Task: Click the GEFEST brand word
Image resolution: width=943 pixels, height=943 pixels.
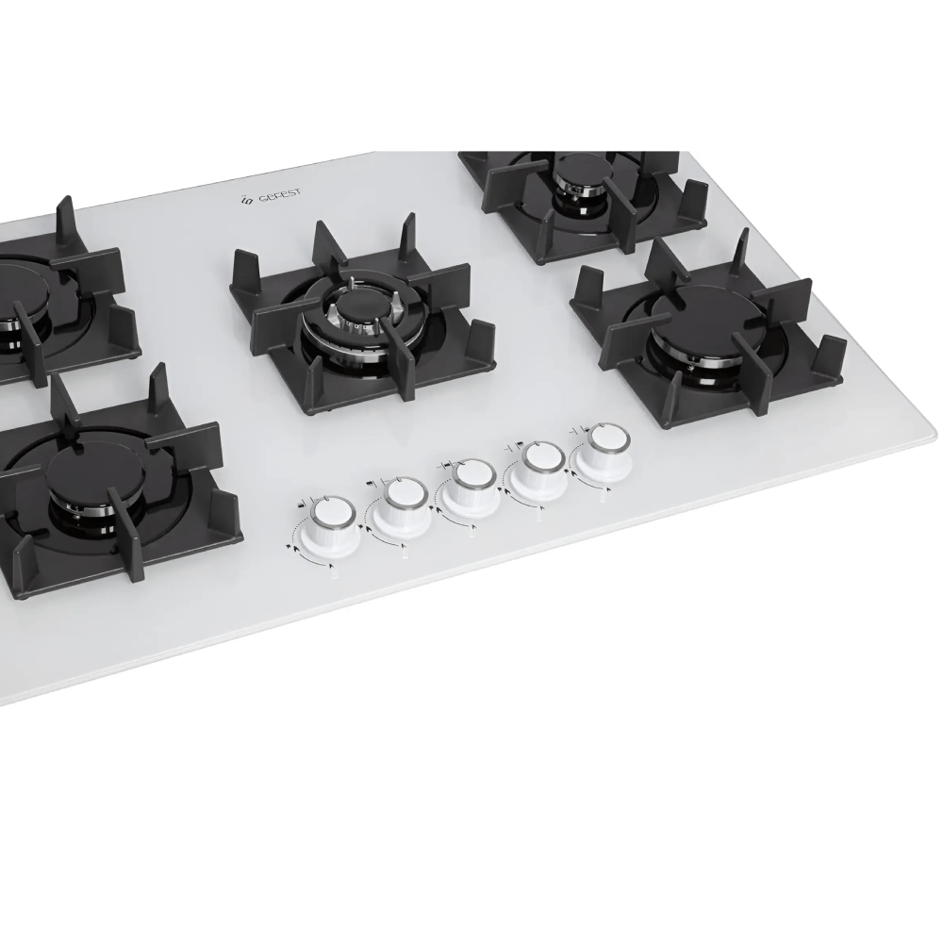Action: [x=280, y=196]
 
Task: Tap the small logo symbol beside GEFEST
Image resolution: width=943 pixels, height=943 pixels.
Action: [x=246, y=201]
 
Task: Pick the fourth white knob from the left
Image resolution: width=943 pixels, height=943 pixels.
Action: [x=538, y=468]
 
